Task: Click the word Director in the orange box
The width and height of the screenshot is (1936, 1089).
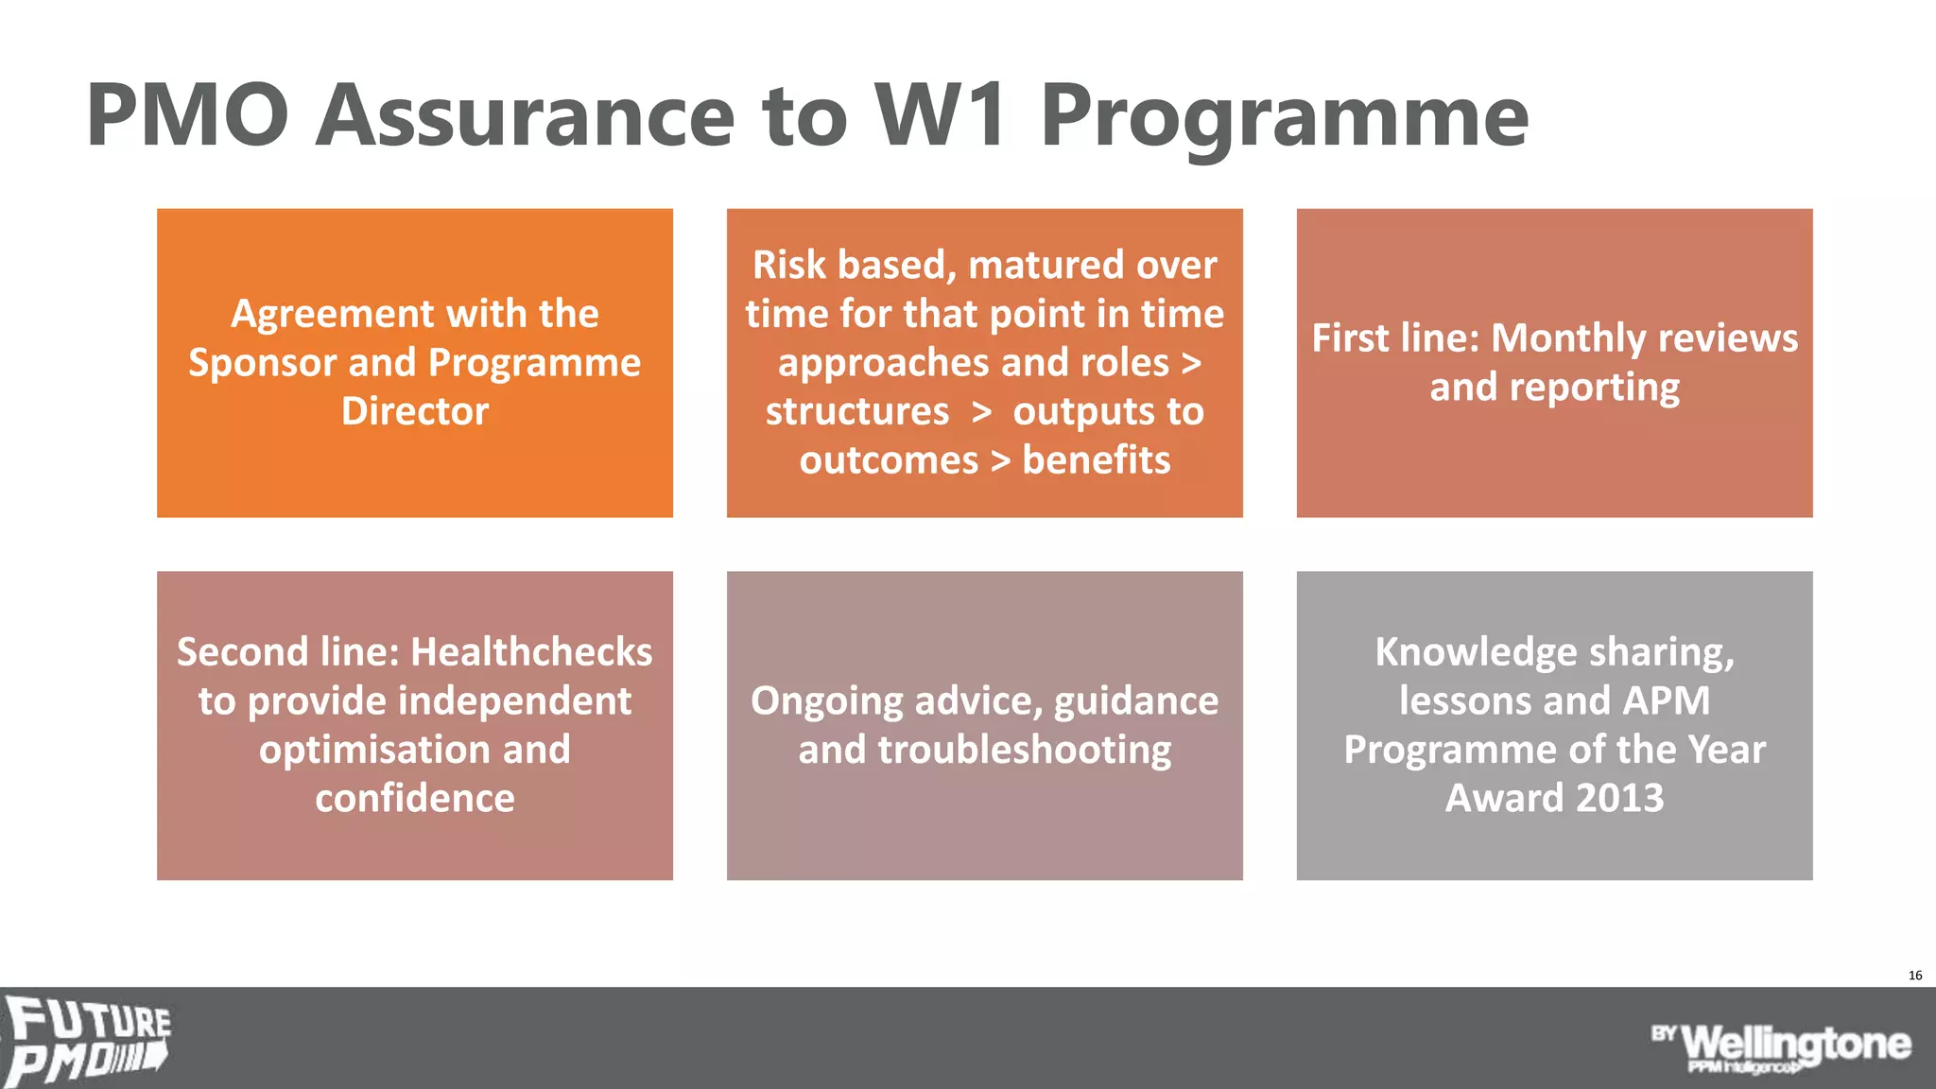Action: click(x=415, y=411)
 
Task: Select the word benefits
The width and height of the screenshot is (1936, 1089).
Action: click(x=1096, y=460)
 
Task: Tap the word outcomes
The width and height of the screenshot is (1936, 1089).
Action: click(x=889, y=460)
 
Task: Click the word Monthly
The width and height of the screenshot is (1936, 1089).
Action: click(x=1568, y=338)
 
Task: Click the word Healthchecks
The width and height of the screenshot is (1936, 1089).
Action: click(x=531, y=652)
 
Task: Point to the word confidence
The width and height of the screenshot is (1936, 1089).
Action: click(x=415, y=799)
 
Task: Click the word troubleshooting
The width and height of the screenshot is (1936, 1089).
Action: click(x=1025, y=750)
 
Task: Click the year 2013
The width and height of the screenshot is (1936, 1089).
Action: click(x=1619, y=799)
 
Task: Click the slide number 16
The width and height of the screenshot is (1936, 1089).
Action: click(x=1915, y=975)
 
